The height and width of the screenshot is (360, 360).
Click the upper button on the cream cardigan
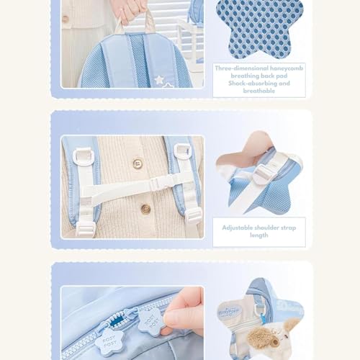tap(138, 163)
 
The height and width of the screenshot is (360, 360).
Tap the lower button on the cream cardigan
tap(145, 210)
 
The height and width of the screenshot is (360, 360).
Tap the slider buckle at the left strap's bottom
tap(86, 229)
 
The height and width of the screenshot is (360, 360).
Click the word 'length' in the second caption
tap(259, 235)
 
